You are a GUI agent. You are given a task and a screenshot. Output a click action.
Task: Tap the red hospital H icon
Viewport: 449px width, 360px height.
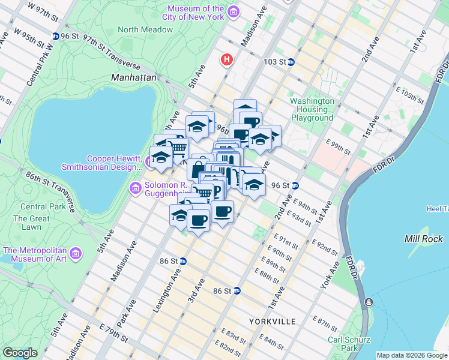coord(227,59)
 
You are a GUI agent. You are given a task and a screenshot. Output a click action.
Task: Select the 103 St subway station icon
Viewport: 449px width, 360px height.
coord(291,62)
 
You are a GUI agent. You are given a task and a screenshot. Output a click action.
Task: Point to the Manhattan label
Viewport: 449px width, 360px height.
coord(134,78)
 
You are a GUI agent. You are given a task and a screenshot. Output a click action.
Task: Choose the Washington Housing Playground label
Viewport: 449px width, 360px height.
coord(312,109)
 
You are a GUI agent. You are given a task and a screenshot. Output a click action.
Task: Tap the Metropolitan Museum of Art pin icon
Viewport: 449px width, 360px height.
coord(76,254)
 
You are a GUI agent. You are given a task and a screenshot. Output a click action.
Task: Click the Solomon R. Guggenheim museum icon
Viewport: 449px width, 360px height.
coord(136,189)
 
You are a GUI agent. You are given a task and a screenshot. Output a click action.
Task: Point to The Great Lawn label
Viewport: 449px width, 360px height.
coord(31,223)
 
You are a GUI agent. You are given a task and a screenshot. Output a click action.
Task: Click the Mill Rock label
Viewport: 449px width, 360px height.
coord(424,239)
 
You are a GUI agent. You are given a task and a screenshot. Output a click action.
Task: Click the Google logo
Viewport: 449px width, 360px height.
coord(20,353)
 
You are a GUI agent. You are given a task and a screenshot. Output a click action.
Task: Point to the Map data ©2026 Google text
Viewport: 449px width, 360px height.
coord(411,355)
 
